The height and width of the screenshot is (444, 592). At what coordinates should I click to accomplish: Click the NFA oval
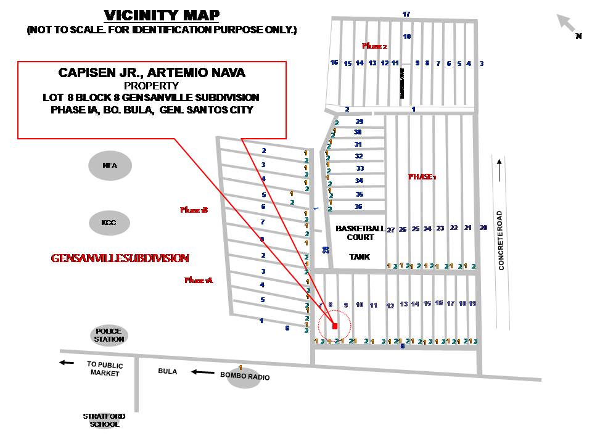point(110,165)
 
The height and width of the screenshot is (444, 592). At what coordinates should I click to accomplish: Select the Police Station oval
point(109,335)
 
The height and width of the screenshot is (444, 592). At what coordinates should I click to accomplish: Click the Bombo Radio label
point(245,377)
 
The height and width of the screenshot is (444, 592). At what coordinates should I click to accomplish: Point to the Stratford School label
point(101,420)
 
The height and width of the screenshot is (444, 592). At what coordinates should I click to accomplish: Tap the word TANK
point(360,257)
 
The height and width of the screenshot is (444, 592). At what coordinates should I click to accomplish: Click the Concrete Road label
point(501,240)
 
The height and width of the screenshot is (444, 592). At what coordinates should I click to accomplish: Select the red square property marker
point(335,326)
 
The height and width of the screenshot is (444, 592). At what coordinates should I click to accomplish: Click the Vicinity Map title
point(162,15)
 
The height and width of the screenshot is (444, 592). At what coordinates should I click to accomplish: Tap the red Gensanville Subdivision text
point(120,258)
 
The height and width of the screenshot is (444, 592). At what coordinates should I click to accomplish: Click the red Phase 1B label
point(194,210)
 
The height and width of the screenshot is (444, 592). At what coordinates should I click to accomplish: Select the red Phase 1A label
point(198,280)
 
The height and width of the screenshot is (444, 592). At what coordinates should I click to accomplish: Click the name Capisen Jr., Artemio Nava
point(152,73)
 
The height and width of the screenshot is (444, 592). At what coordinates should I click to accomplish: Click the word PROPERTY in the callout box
point(151,86)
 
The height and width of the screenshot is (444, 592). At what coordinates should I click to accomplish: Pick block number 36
point(358,207)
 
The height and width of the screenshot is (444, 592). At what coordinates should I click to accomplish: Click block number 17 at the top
point(406,14)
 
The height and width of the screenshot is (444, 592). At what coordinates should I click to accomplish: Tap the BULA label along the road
point(168,372)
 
